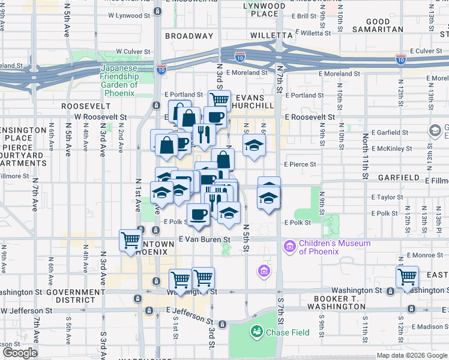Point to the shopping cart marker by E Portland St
220,100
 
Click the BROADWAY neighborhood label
189,36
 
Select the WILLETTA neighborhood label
271,36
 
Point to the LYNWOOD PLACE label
264,10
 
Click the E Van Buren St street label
205,239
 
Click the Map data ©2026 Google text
411,355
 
